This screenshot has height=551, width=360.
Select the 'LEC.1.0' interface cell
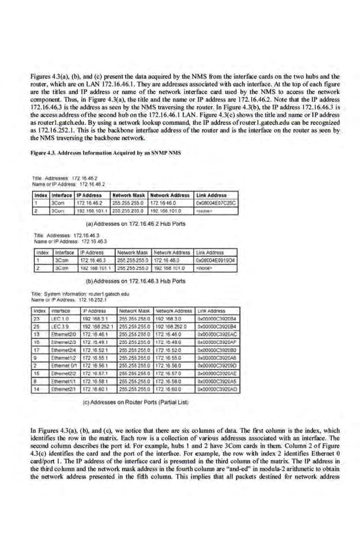pos(60,318)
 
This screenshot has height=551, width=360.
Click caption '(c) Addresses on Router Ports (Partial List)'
pos(134,403)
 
